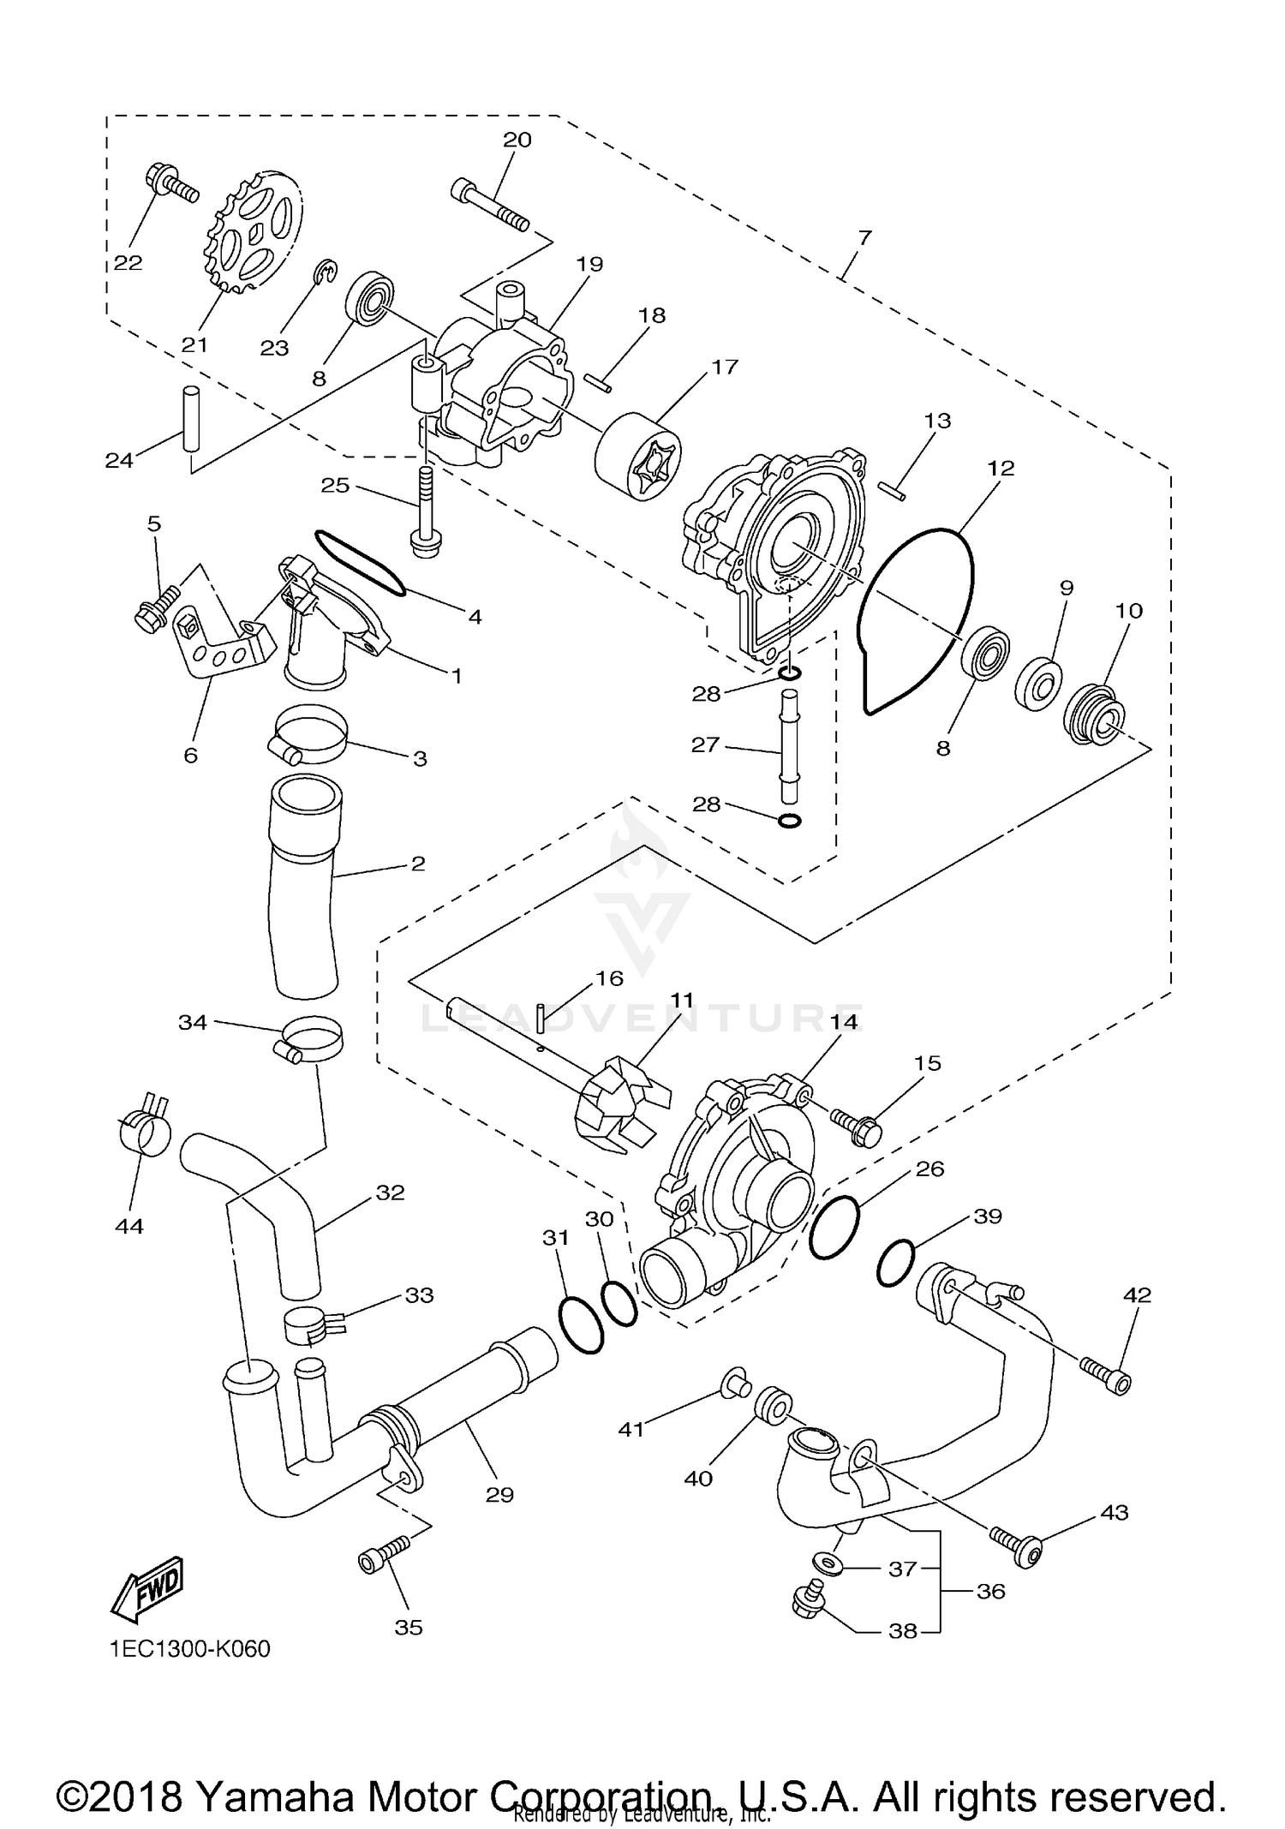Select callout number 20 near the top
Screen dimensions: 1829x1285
pos(517,140)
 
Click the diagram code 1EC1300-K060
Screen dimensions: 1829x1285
pos(189,1649)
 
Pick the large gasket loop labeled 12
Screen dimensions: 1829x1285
pos(917,617)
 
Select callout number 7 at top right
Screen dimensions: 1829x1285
pos(864,237)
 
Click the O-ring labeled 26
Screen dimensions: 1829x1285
pos(834,1227)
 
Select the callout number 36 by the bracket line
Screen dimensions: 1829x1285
pos(990,1591)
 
